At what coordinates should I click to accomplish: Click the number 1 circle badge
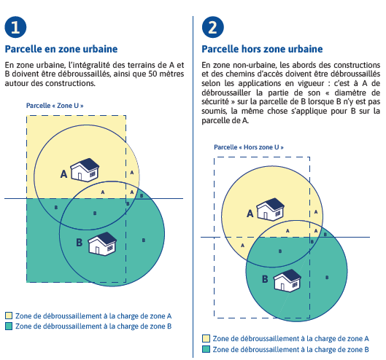(x=15, y=27)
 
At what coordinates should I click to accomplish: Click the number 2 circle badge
(x=213, y=27)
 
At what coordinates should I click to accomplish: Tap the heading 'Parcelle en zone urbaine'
(x=61, y=49)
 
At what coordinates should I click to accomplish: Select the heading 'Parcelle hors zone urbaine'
(x=262, y=49)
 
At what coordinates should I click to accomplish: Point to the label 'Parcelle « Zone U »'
(x=55, y=106)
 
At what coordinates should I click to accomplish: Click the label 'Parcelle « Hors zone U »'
(x=249, y=147)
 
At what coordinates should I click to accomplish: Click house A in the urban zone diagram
(x=85, y=171)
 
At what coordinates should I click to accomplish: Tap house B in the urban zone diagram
(x=102, y=243)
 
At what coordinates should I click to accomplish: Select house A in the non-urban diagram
(x=270, y=209)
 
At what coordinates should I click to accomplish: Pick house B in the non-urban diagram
(x=287, y=281)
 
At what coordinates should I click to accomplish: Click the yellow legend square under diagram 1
(x=9, y=316)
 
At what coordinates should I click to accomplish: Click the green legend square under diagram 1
(x=9, y=326)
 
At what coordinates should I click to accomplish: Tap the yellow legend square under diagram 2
(x=206, y=339)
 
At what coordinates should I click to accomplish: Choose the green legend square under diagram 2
(x=206, y=349)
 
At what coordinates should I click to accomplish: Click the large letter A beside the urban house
(x=63, y=174)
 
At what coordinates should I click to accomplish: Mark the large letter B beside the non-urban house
(x=265, y=279)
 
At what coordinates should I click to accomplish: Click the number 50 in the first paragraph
(x=153, y=74)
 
